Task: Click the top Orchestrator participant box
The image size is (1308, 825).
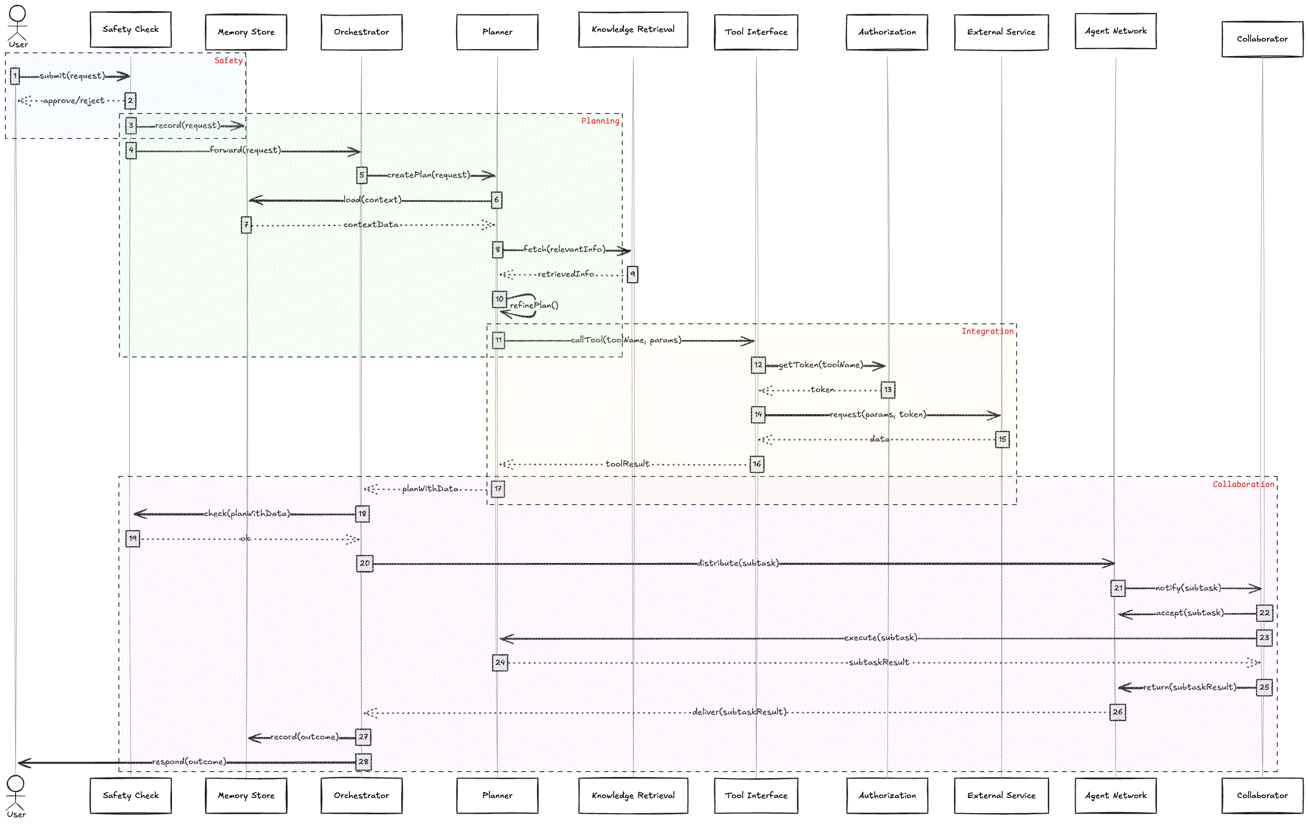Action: [x=361, y=32]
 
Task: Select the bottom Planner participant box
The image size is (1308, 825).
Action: [x=497, y=795]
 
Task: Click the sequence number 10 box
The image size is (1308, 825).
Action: [x=499, y=299]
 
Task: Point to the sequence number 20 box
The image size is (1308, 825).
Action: [x=364, y=563]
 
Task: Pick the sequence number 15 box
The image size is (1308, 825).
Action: [x=1002, y=439]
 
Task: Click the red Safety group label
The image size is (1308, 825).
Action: [x=228, y=60]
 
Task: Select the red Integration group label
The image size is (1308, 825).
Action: [x=987, y=331]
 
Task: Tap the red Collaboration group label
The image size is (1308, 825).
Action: [x=1243, y=484]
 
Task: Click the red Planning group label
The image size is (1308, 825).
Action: [x=600, y=121]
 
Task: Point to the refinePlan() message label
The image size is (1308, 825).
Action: [x=534, y=305]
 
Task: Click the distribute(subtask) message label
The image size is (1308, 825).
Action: [x=738, y=563]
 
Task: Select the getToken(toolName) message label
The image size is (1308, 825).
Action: [x=820, y=365]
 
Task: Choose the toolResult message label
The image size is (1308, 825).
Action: [x=628, y=464]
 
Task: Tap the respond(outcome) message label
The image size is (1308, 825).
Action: [x=189, y=761]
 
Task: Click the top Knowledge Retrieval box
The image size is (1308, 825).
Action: [x=633, y=29]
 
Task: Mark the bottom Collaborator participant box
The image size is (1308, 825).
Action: [x=1262, y=795]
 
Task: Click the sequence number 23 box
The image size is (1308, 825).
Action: [x=1264, y=638]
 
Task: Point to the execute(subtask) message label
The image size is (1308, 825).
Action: [x=880, y=638]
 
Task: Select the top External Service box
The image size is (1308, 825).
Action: [x=1001, y=32]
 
